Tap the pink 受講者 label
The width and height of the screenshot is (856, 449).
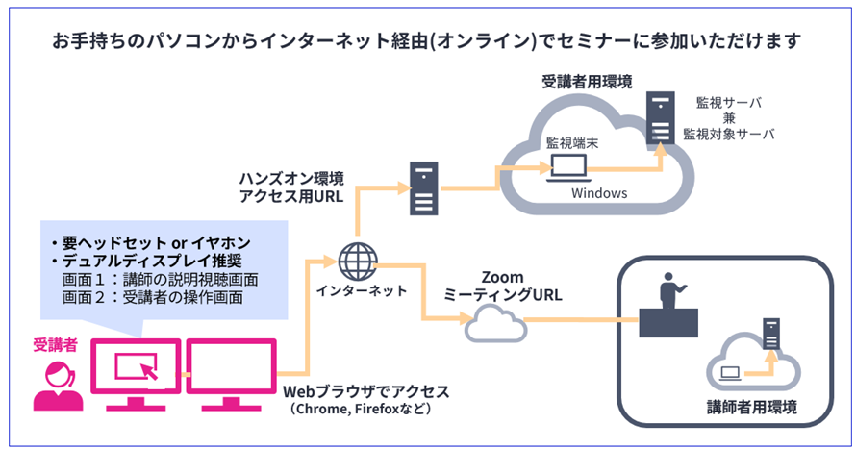pos(54,343)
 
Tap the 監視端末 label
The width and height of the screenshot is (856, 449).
pos(570,140)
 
